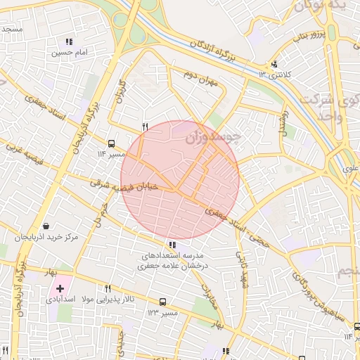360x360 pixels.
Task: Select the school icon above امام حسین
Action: (68, 41)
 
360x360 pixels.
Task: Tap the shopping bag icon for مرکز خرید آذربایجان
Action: (46, 226)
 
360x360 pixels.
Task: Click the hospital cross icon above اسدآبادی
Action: (60, 288)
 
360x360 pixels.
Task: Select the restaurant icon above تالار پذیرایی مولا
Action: (108, 288)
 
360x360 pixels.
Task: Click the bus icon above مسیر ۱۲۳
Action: (162, 302)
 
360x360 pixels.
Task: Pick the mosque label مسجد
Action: (12, 29)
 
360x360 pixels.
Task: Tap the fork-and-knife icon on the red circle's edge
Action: (145, 127)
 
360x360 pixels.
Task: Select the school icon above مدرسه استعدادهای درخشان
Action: (173, 244)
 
